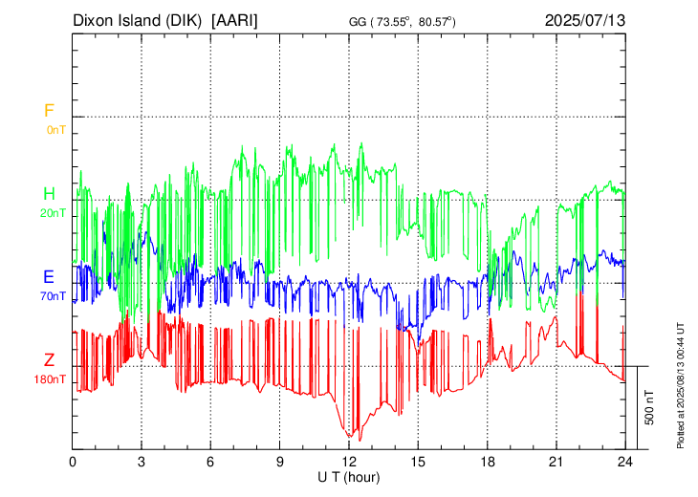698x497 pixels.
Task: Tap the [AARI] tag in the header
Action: [235, 19]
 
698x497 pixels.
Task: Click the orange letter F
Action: [49, 111]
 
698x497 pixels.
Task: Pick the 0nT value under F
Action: [55, 129]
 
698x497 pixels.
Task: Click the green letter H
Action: [49, 195]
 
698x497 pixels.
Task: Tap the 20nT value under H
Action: [54, 213]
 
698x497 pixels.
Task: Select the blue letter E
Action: [49, 277]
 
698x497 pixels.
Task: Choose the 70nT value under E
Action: [54, 295]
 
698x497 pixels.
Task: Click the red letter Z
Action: [49, 360]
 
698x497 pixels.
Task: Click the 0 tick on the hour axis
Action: [73, 461]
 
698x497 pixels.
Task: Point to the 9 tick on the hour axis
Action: [280, 461]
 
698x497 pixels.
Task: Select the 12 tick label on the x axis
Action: [349, 461]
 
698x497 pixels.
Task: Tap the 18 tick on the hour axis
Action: [488, 461]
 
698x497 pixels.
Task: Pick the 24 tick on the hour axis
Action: [625, 461]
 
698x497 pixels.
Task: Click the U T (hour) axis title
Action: [349, 475]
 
